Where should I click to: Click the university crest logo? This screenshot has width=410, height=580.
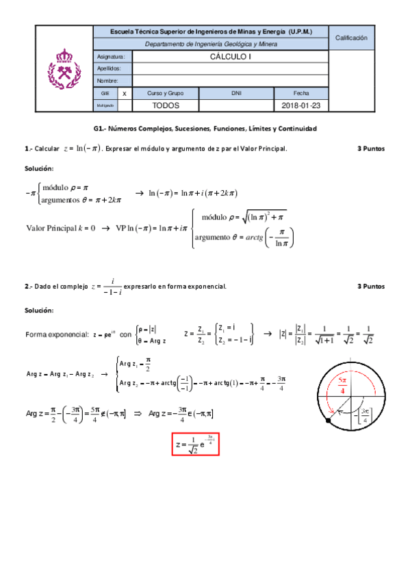tap(63, 68)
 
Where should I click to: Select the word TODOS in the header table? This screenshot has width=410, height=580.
tap(165, 106)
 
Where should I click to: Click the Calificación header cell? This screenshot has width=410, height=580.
tap(351, 38)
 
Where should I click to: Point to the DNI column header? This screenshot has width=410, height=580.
tap(236, 93)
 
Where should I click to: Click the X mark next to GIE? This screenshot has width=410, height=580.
tap(124, 93)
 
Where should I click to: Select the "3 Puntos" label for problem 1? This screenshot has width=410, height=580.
tap(371, 148)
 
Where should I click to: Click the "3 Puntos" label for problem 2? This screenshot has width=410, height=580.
tap(371, 286)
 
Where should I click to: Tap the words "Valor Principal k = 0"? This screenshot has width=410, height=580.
tap(61, 228)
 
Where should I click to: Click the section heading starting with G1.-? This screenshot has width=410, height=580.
tap(205, 129)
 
